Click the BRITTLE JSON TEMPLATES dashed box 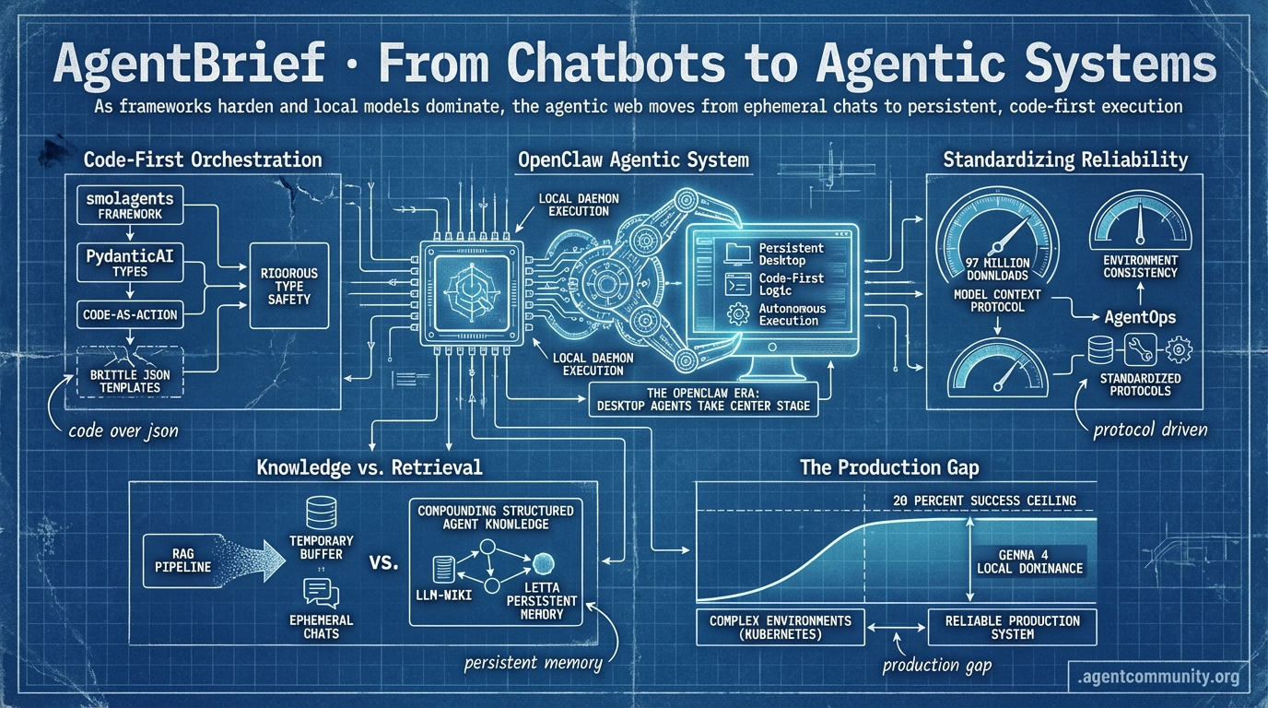pos(130,373)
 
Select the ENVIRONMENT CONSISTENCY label pos(1139,267)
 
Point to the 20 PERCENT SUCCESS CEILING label pos(983,500)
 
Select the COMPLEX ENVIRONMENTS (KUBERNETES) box pos(781,627)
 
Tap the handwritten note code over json pos(123,430)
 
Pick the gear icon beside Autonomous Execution pos(738,313)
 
